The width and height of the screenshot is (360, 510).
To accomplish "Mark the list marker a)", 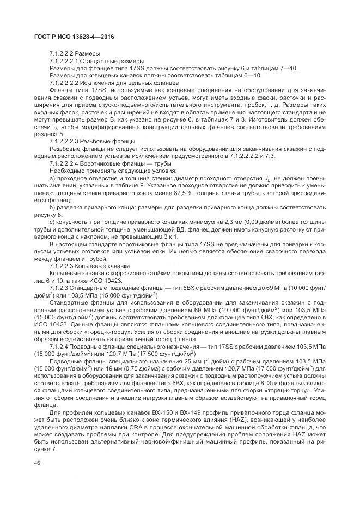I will click(x=52, y=178).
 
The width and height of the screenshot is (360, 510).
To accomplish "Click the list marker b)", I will click(x=52, y=208).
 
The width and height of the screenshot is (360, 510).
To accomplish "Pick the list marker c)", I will click(x=52, y=222).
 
